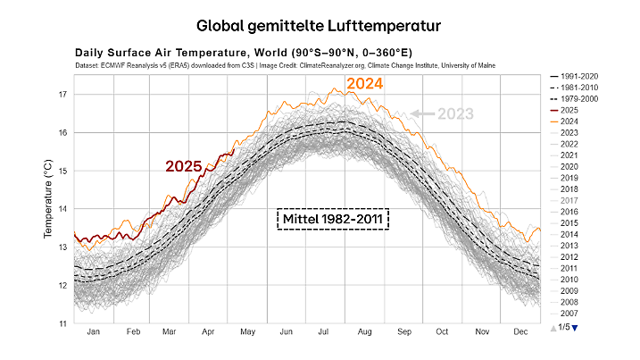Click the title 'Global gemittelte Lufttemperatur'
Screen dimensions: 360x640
[x=320, y=20]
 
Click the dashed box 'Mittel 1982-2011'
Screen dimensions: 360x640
[x=334, y=218]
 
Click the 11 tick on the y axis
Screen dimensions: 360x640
[x=62, y=323]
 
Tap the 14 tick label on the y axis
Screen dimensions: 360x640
[x=62, y=209]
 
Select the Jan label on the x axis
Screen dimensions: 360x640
[x=93, y=332]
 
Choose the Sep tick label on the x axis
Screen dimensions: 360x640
[x=404, y=332]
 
